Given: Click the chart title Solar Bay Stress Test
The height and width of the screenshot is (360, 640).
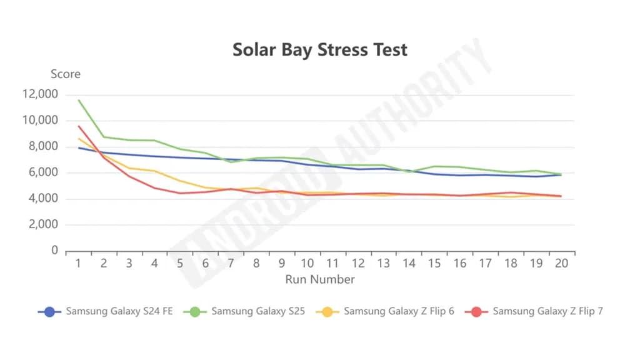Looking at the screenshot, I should click(319, 50).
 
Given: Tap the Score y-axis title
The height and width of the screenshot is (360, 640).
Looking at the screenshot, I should click(66, 74).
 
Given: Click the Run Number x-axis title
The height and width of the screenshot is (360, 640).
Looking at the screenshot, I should click(319, 279).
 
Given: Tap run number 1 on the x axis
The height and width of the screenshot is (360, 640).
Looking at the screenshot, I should click(79, 264).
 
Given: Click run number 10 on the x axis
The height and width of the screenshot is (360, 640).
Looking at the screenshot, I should click(307, 264).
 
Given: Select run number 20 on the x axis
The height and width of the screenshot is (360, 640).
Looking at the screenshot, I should click(561, 264).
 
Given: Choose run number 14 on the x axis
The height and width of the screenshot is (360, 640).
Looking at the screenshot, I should click(409, 264).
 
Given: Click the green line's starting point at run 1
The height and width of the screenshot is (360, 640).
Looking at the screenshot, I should click(79, 100).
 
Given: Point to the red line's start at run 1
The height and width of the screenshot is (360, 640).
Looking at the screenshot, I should click(79, 126).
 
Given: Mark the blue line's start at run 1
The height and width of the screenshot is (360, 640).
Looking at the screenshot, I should click(79, 147).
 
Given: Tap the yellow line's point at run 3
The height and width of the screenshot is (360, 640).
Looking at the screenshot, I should click(129, 168).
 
